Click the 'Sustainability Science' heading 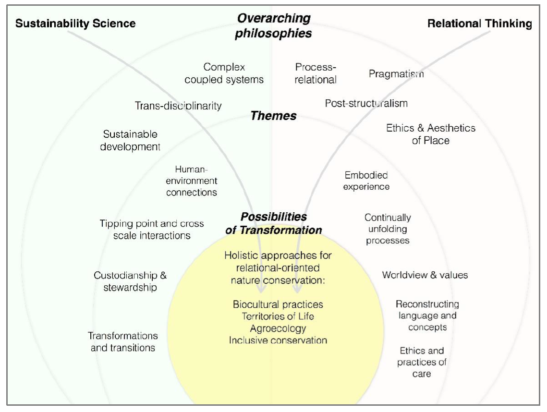click(75, 24)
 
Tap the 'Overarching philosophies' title click(274, 26)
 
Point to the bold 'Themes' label click(274, 116)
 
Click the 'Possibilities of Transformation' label click(274, 223)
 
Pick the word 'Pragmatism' click(396, 74)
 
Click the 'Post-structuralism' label click(366, 103)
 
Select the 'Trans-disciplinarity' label click(178, 106)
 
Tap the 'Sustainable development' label click(130, 140)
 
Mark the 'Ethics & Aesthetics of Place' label click(430, 134)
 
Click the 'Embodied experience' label click(366, 181)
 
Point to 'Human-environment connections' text click(192, 181)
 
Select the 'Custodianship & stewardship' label click(130, 281)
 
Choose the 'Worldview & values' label click(425, 275)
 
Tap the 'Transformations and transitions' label click(123, 341)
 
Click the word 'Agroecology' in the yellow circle click(278, 328)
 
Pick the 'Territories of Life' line click(278, 316)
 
